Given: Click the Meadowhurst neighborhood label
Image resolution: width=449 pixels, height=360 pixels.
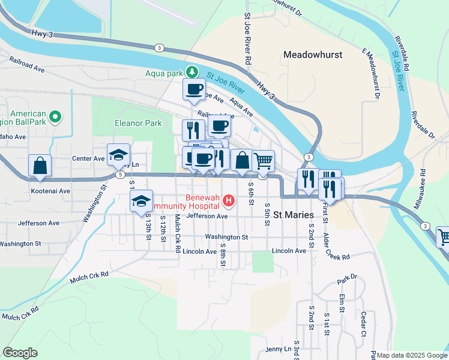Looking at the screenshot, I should (313, 55).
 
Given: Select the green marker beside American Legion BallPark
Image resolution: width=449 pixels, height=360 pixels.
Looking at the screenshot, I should (55, 116).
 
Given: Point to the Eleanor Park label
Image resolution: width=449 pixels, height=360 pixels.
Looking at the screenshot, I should (138, 124).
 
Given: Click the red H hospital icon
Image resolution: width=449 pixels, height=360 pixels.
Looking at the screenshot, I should (228, 200).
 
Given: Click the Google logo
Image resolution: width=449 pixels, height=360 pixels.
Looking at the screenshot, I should (20, 353).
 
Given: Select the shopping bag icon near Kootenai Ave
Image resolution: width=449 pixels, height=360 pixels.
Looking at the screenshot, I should (40, 165).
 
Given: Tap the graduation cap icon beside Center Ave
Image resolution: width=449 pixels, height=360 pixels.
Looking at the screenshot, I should (118, 155).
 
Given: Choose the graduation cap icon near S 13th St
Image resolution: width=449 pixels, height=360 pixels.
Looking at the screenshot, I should (141, 200).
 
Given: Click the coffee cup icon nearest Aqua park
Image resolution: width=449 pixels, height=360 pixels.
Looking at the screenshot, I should (194, 89).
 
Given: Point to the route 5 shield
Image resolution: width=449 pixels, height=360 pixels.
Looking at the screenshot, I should (121, 175).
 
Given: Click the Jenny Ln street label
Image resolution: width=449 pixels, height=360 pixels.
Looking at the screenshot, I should (277, 349).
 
